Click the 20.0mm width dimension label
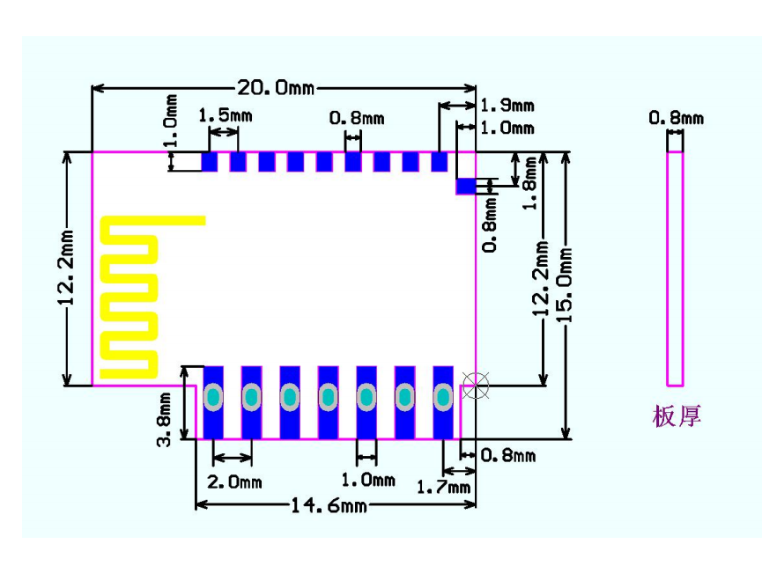[275, 87]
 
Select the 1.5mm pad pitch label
[220, 115]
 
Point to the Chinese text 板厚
[677, 415]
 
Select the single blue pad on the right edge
[465, 186]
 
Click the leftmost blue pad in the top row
[210, 162]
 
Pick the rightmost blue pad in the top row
[440, 162]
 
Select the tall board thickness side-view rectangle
[675, 268]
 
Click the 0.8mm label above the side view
[676, 117]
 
